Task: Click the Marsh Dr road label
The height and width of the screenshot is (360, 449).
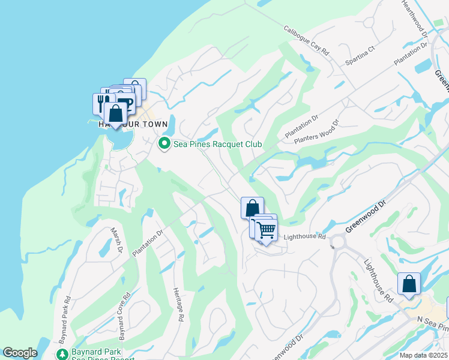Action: (117, 240)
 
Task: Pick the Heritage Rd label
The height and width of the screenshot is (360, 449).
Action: (176, 304)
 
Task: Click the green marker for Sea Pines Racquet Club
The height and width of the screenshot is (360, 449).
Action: (164, 144)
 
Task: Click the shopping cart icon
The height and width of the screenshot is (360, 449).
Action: (266, 229)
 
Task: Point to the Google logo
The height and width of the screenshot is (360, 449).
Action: (20, 353)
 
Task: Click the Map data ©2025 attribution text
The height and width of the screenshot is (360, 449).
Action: (423, 355)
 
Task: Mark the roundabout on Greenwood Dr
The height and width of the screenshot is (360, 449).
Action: (337, 242)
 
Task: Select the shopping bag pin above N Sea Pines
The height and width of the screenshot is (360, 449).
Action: (409, 284)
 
